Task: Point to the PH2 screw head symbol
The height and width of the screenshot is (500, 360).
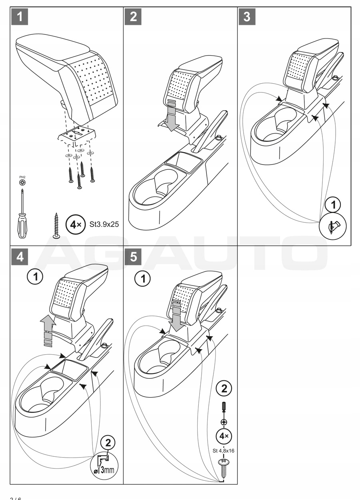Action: tap(23, 182)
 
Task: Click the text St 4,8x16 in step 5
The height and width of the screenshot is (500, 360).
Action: tap(224, 450)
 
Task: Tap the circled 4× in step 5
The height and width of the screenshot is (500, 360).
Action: tap(224, 435)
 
